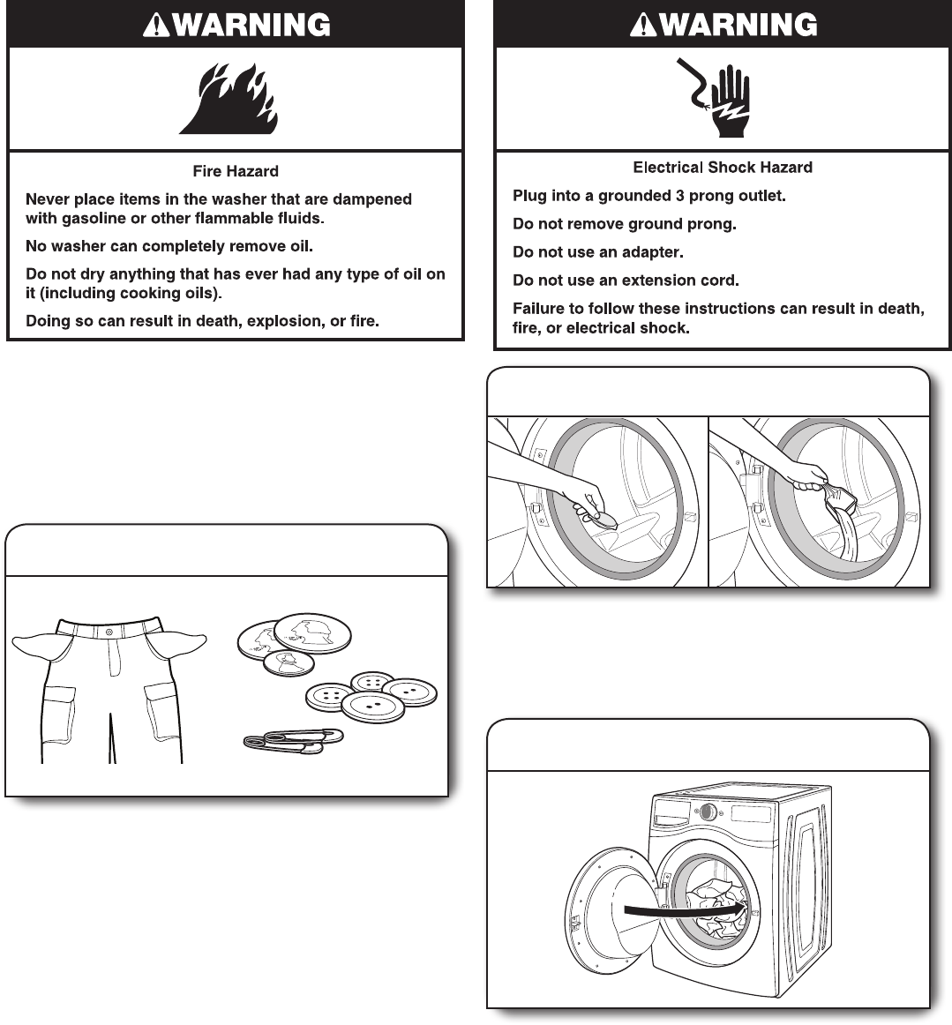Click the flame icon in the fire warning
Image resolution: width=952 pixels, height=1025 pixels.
click(231, 99)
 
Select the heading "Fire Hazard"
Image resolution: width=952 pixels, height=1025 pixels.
click(236, 171)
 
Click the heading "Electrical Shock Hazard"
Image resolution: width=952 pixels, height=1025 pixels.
click(723, 167)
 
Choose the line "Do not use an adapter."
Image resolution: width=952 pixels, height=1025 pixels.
click(598, 252)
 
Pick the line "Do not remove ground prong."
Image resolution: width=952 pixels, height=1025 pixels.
click(624, 224)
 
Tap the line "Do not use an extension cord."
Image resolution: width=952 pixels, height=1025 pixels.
click(626, 281)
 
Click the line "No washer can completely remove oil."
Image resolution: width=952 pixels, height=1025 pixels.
click(169, 246)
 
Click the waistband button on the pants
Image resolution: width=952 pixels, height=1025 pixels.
click(109, 632)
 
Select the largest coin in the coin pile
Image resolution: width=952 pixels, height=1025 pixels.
click(312, 632)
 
